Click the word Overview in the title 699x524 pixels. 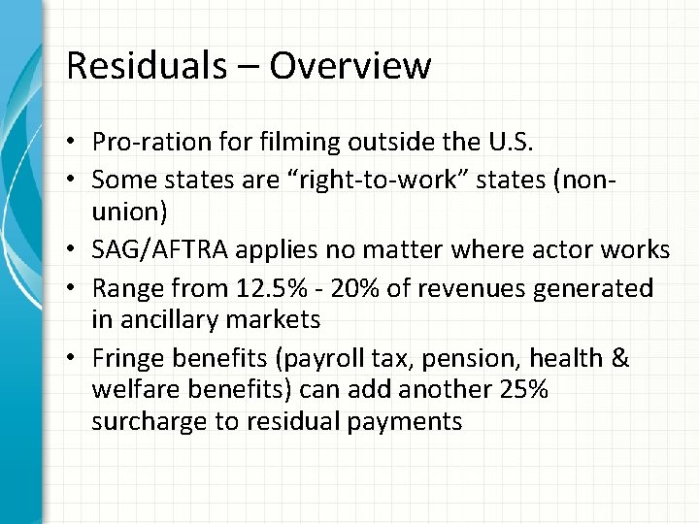[x=349, y=66]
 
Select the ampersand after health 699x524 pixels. [x=619, y=359]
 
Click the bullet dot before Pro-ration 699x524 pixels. [x=73, y=143]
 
